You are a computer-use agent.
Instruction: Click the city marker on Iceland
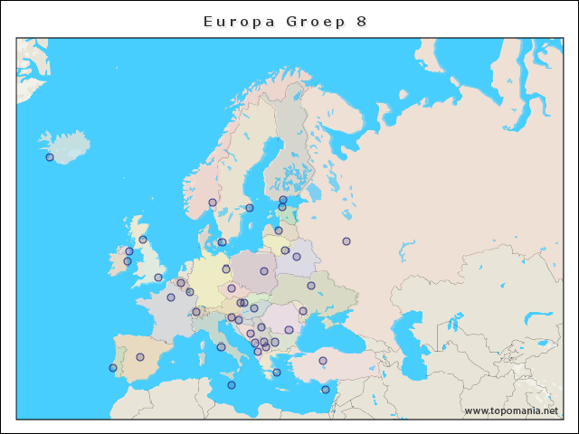click(50, 157)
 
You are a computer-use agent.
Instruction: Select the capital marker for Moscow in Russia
click(346, 241)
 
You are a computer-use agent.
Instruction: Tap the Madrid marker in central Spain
click(140, 357)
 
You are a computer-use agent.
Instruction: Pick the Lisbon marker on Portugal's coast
click(113, 368)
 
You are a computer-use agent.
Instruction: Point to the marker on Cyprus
click(326, 390)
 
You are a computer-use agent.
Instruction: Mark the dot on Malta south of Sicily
click(232, 385)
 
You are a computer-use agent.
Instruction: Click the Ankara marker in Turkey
click(322, 361)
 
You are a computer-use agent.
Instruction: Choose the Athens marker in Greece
click(277, 373)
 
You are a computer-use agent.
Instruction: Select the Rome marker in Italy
click(221, 347)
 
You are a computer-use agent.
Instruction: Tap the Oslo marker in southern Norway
click(213, 203)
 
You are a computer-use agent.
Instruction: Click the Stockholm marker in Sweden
click(250, 208)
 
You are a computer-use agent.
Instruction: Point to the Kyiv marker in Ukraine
click(311, 286)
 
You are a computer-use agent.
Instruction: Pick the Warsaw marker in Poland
click(264, 270)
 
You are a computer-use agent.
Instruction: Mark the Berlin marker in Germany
click(226, 269)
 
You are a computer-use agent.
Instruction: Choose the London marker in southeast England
click(158, 278)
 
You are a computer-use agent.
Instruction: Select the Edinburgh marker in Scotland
click(143, 240)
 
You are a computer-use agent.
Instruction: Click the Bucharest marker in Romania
click(289, 330)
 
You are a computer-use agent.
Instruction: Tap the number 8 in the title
click(361, 21)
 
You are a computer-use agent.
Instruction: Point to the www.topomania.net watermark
click(511, 410)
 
